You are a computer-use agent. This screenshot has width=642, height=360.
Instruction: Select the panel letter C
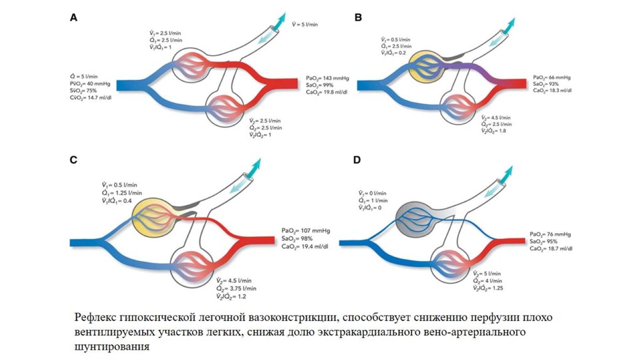pos(73,160)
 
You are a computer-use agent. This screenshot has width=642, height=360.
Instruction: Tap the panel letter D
pos(357,160)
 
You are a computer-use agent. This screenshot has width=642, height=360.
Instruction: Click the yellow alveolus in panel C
pos(150,215)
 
